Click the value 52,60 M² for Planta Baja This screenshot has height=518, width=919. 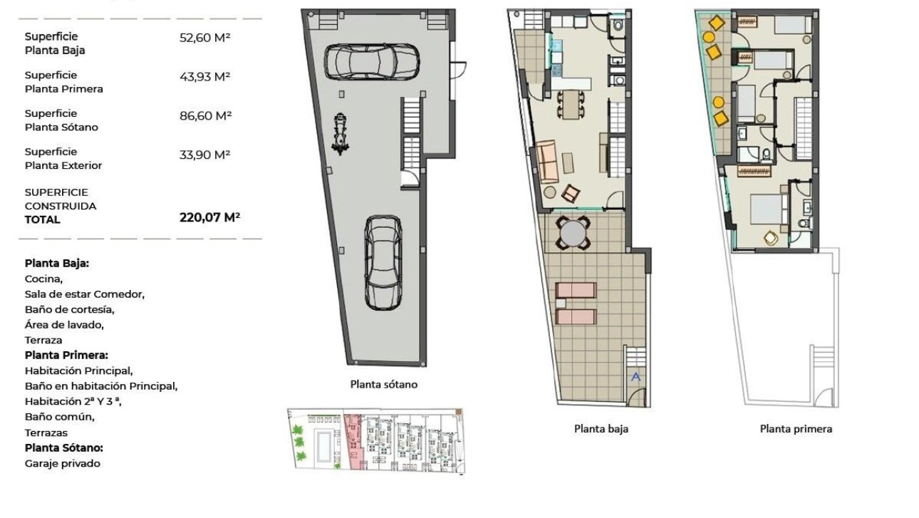tap(204, 38)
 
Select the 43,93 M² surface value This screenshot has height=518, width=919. tap(205, 76)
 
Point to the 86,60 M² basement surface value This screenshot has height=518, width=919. tap(205, 115)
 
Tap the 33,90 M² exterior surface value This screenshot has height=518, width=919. tap(205, 154)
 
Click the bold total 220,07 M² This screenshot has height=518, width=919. tap(209, 218)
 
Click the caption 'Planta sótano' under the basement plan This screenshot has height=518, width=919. tap(383, 384)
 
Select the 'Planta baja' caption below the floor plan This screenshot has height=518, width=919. tap(601, 428)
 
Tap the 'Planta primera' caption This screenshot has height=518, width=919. tap(796, 428)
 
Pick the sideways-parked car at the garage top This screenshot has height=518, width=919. tap(371, 61)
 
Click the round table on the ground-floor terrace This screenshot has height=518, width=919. tap(573, 232)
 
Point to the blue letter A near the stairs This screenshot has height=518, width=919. tap(636, 377)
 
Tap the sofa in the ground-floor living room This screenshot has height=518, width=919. tap(546, 162)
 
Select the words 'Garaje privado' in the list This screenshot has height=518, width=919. tap(63, 463)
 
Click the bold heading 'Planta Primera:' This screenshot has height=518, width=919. tap(66, 355)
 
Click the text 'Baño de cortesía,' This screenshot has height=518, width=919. tap(69, 309)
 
